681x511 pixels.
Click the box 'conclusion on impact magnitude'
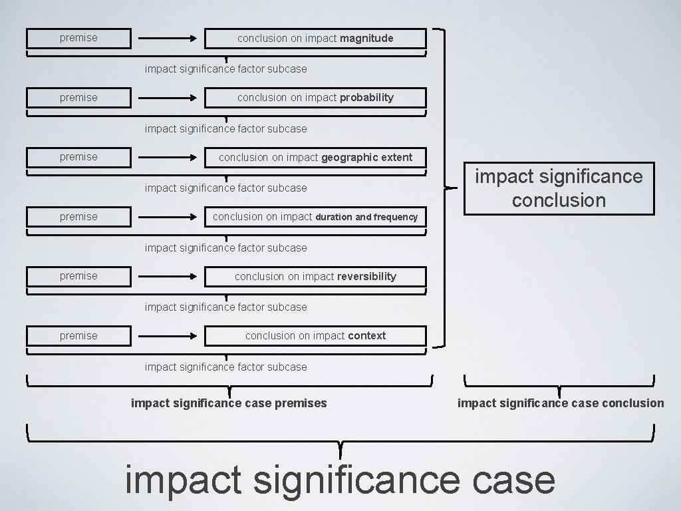[x=315, y=39]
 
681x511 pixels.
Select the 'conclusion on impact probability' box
[x=315, y=98]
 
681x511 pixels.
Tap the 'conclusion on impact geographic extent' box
[x=315, y=158]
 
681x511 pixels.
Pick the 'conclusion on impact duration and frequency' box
[x=315, y=217]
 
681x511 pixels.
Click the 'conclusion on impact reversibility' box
[x=315, y=277]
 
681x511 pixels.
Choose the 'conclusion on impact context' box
[x=315, y=336]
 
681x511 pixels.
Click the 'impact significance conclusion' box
[x=559, y=188]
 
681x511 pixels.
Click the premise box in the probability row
[x=78, y=98]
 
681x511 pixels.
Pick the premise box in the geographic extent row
[x=78, y=157]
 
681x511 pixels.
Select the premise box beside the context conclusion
[x=78, y=336]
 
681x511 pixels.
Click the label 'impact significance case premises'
[x=229, y=403]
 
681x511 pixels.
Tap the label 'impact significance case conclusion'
[x=560, y=403]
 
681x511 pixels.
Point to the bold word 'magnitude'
[x=366, y=39]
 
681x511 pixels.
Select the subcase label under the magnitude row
[x=226, y=69]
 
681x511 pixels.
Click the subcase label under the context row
[x=226, y=367]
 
